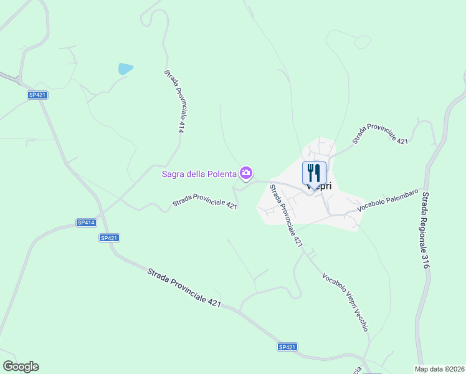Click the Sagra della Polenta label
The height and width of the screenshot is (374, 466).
tap(199, 173)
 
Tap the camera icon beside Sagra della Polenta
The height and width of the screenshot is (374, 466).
tap(247, 173)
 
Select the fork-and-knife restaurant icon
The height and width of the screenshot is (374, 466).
tap(314, 173)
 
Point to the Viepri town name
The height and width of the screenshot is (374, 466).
tap(319, 186)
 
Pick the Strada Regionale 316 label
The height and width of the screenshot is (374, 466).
tap(426, 231)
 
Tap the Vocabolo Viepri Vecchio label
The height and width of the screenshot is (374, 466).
tap(346, 302)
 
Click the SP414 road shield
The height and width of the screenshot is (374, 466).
tap(86, 223)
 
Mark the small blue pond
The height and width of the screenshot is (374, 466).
tap(125, 69)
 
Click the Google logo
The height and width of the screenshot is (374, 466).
tap(21, 367)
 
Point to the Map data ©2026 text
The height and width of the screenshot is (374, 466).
tap(439, 368)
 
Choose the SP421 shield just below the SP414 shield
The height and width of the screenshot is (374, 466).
tap(109, 237)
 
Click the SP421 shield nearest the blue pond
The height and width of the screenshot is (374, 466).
tap(38, 95)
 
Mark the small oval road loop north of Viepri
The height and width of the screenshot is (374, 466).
tap(362, 42)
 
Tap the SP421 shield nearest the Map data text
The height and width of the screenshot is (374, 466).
tap(287, 347)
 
